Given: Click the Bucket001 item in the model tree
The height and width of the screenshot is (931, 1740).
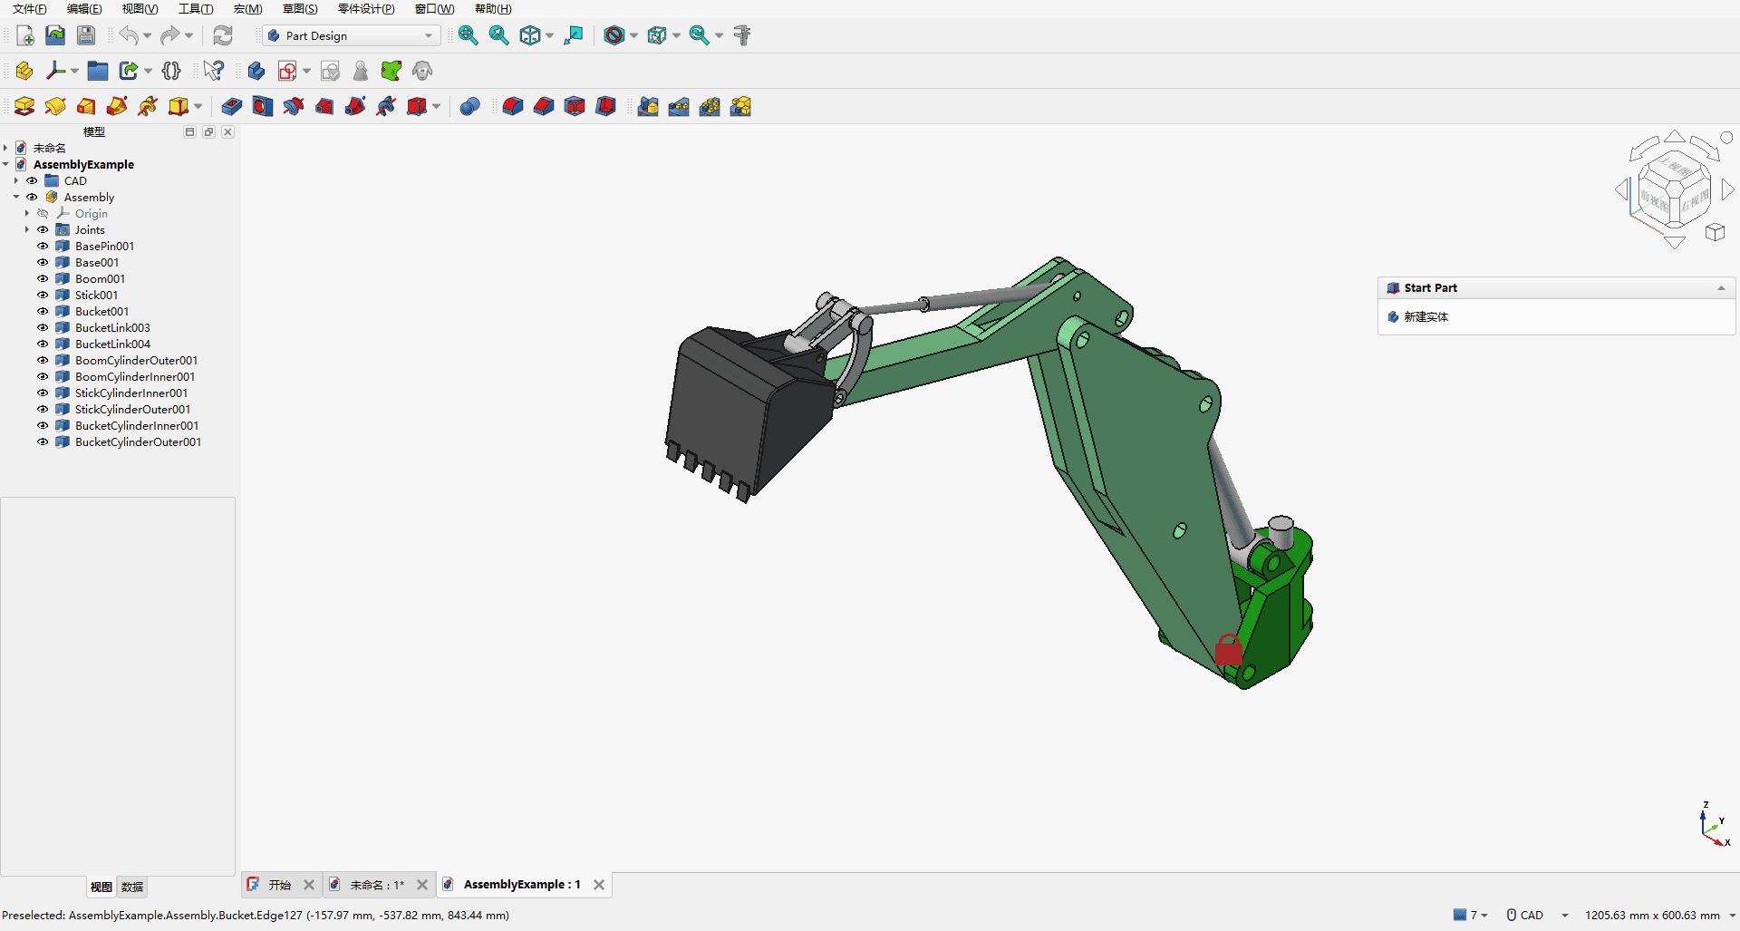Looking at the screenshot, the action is [101, 311].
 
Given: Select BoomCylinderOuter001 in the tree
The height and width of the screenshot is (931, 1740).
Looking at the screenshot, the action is [136, 360].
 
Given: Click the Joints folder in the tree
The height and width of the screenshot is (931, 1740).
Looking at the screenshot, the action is [90, 229].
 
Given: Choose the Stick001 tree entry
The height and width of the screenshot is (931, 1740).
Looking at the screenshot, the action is [96, 295].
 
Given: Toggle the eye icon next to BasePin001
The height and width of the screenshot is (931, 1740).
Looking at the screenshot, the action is [43, 246].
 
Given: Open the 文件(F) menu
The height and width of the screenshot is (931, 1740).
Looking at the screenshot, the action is [29, 9].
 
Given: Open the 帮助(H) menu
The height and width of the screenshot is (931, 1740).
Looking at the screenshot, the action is [493, 9].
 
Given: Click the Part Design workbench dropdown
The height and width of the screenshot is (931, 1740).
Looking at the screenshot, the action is [351, 35].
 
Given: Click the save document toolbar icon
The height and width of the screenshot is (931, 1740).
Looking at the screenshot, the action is [86, 35].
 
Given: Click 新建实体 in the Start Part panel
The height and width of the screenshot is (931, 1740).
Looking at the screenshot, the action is [1426, 316].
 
